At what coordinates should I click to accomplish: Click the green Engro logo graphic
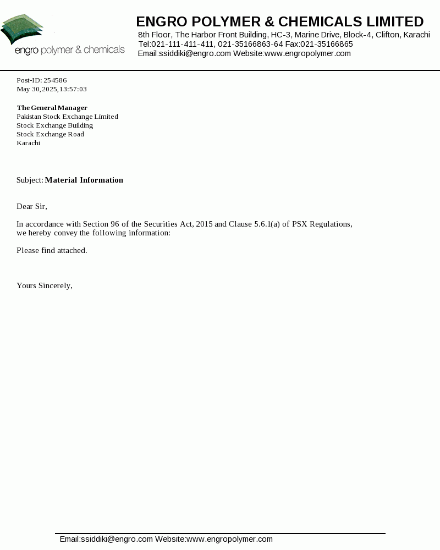(x=22, y=30)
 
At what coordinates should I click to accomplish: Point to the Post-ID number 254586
(x=55, y=80)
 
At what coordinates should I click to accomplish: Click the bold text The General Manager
(x=52, y=108)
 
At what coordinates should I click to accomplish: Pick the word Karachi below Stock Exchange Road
(x=28, y=143)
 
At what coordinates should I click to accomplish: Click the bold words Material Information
(x=84, y=180)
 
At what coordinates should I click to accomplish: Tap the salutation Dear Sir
(x=31, y=206)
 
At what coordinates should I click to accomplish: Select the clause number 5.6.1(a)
(x=267, y=224)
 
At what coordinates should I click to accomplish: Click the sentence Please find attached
(x=52, y=250)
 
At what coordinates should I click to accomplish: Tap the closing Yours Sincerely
(x=44, y=285)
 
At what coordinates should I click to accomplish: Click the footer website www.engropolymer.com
(x=229, y=539)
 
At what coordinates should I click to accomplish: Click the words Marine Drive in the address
(x=317, y=35)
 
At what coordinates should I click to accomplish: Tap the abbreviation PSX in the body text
(x=299, y=224)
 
